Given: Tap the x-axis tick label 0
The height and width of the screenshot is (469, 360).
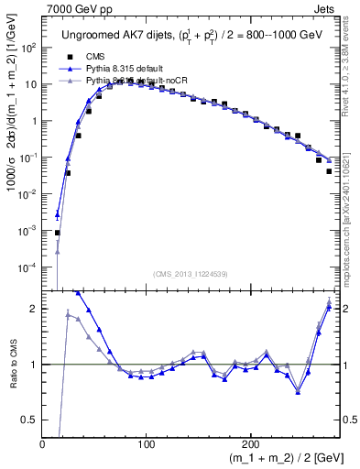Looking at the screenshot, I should tap(43, 444).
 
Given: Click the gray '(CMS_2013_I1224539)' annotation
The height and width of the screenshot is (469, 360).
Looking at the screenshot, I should tap(191, 273).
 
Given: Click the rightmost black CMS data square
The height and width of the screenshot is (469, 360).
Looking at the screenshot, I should tap(329, 170).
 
